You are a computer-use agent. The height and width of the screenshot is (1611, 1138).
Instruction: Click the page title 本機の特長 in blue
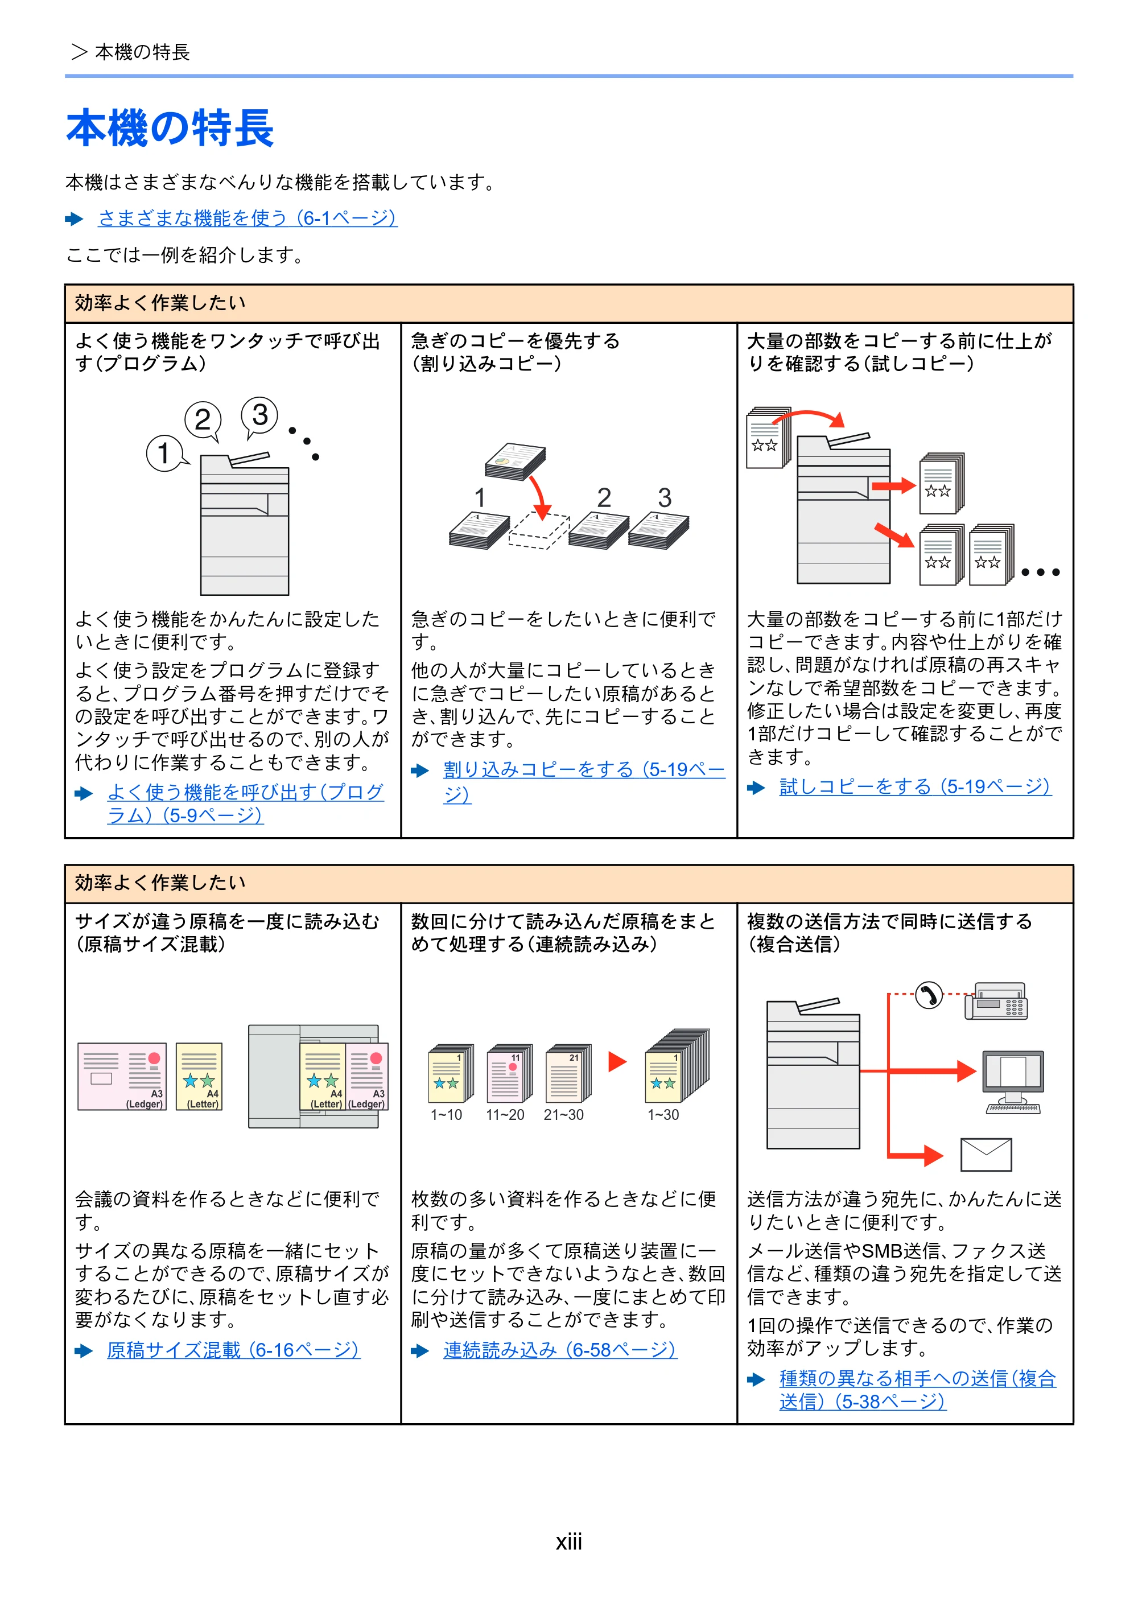(x=170, y=129)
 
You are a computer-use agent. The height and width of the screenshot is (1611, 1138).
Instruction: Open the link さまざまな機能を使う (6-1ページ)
(x=248, y=218)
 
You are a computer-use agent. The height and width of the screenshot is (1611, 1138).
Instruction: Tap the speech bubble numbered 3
(x=259, y=416)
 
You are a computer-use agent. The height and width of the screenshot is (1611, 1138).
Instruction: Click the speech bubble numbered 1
(x=166, y=454)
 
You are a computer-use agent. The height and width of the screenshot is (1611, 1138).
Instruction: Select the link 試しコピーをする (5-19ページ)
(x=915, y=787)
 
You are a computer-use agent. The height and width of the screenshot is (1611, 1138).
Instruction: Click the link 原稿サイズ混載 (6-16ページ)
(x=234, y=1350)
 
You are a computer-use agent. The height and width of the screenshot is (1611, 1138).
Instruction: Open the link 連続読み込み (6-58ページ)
(x=560, y=1350)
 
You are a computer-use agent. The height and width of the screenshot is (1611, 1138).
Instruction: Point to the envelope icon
(x=986, y=1154)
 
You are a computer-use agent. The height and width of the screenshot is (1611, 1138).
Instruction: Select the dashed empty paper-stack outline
(x=539, y=531)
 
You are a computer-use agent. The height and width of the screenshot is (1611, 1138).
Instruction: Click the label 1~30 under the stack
(x=663, y=1115)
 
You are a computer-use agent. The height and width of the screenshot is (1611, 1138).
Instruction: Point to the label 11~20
(x=505, y=1115)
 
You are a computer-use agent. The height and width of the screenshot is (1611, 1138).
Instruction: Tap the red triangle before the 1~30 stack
(x=617, y=1062)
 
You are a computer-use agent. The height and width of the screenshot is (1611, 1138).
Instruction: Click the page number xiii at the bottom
(x=569, y=1542)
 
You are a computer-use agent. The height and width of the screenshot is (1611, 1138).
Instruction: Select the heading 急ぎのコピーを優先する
(x=516, y=341)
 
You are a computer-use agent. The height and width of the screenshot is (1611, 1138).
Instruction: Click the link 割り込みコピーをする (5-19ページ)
(x=584, y=782)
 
